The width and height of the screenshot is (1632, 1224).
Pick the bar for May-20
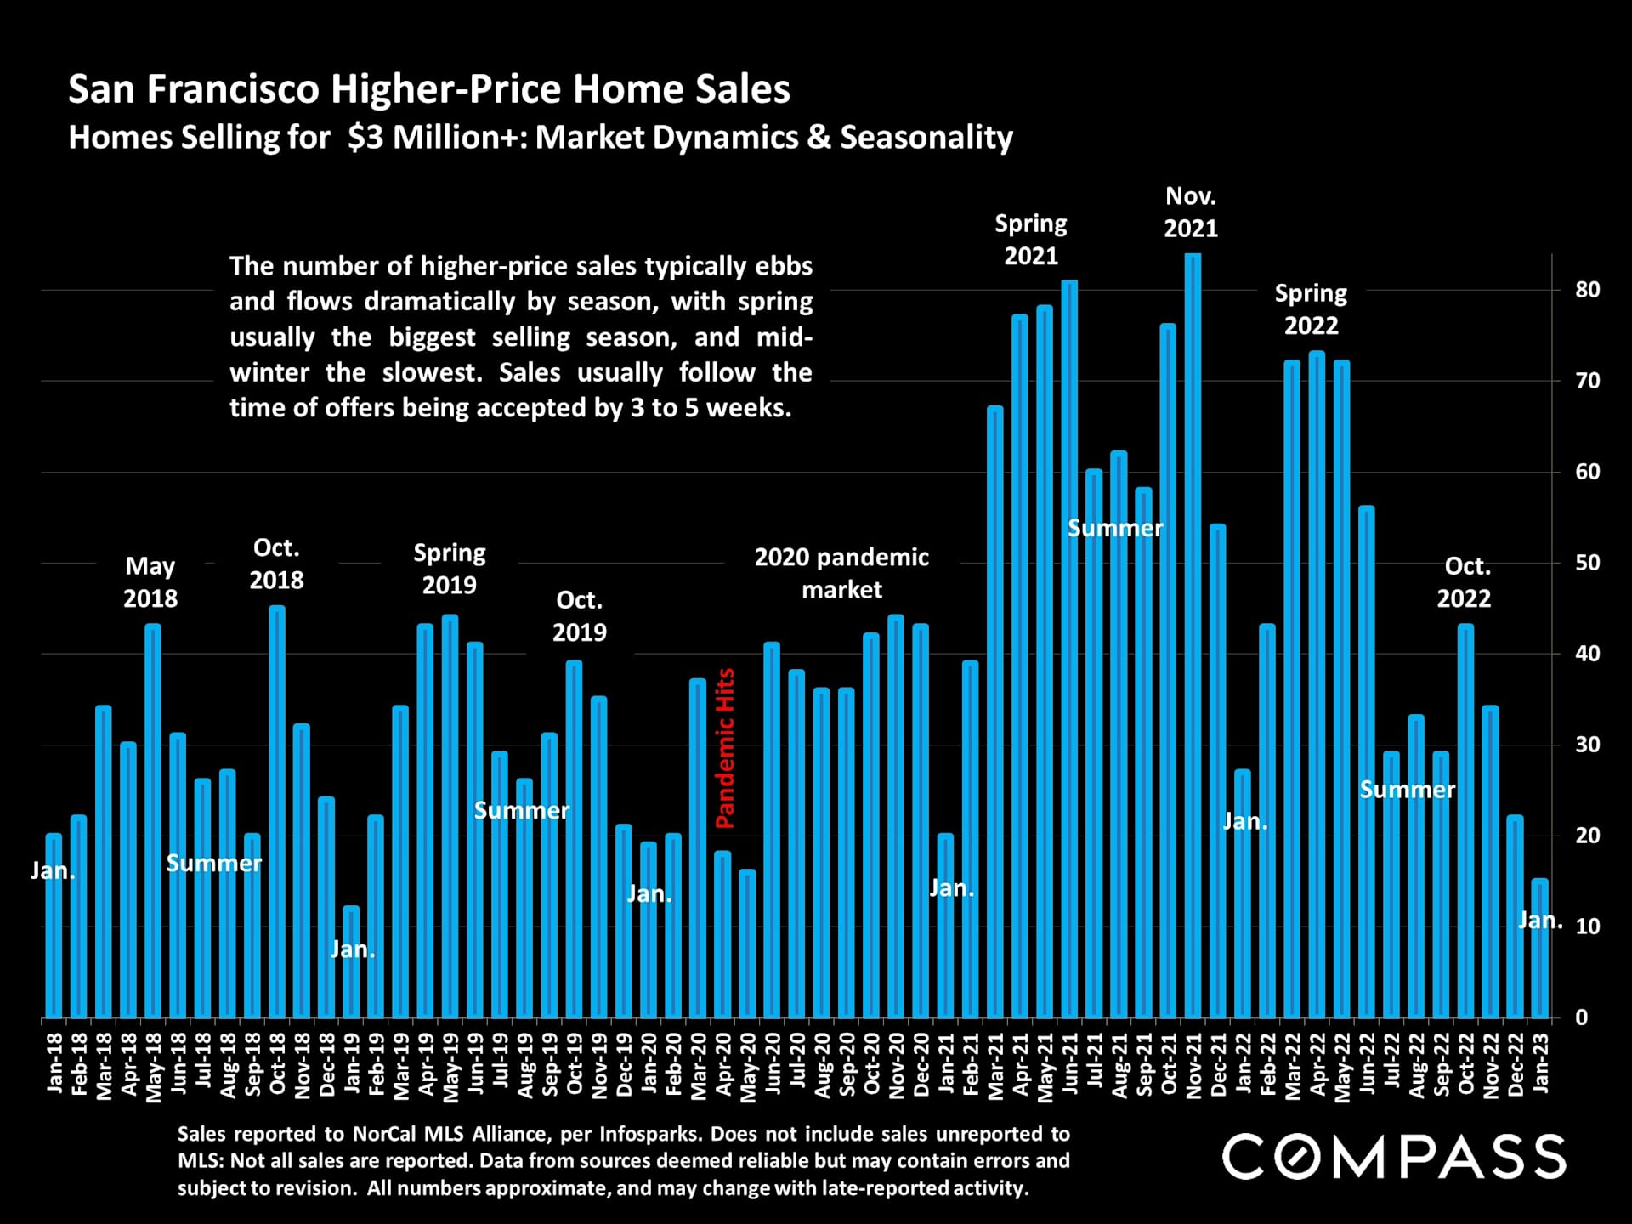pos(747,943)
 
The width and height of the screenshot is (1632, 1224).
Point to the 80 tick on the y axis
pos(1587,290)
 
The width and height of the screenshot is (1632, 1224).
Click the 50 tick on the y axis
pos(1587,563)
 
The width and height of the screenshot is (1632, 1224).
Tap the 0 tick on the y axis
pos(1581,1017)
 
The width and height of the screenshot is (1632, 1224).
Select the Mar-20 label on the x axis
pos(699,1067)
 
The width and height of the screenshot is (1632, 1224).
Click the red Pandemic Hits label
pos(725,748)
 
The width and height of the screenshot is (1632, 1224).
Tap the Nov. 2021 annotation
pos(1190,212)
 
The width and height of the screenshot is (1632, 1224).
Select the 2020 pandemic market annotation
pos(841,573)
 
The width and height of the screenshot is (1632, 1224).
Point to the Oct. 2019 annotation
pos(580,616)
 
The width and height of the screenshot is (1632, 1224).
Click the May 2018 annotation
pos(150,582)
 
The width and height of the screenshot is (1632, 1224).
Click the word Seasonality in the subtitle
pos(926,138)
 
